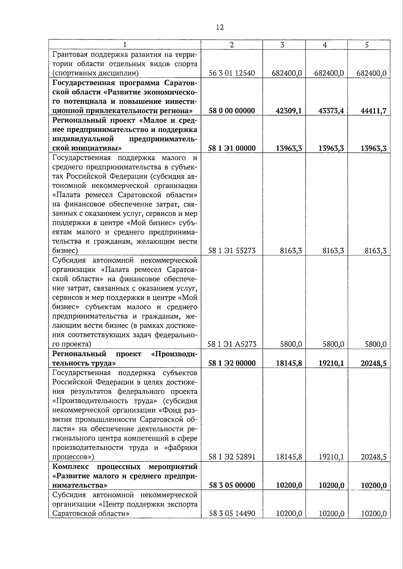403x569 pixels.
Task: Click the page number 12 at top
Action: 220,28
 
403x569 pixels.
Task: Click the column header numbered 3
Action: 282,45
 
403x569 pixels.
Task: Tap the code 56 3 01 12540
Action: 232,73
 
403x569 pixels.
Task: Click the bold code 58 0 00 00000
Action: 232,111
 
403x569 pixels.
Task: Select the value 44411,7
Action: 373,111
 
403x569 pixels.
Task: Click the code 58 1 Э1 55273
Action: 232,251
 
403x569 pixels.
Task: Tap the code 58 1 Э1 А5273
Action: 232,344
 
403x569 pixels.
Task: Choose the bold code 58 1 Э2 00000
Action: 232,363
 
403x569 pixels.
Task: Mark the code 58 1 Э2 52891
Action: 232,457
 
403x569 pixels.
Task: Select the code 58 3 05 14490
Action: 232,513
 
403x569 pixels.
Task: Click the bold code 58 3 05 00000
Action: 232,485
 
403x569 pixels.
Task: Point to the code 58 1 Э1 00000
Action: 232,148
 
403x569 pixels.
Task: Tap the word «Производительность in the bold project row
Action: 174,354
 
